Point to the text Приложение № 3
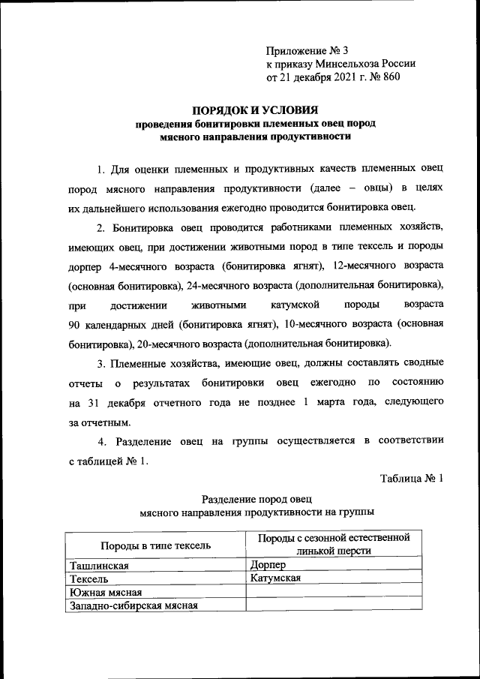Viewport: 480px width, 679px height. (x=307, y=51)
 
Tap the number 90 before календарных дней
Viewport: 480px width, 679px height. (x=75, y=324)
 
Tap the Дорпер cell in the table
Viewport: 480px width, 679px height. (x=270, y=564)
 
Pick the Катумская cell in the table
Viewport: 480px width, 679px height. (x=278, y=578)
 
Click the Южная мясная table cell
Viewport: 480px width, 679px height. (x=105, y=592)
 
